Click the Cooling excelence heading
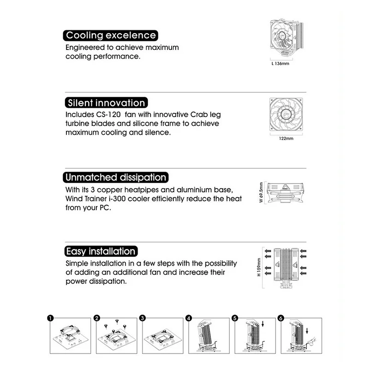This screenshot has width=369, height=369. click(x=111, y=36)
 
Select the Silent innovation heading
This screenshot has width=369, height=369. click(x=106, y=103)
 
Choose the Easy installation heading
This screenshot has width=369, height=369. click(x=101, y=251)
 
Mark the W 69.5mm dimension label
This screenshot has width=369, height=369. click(x=261, y=192)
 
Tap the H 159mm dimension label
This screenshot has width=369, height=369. click(x=260, y=269)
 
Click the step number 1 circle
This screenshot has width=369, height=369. click(x=50, y=318)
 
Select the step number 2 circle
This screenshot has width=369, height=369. click(x=97, y=318)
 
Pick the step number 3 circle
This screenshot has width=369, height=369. click(x=143, y=318)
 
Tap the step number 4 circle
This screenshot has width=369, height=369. click(x=189, y=318)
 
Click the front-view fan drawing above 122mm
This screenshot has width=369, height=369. click(x=286, y=115)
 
